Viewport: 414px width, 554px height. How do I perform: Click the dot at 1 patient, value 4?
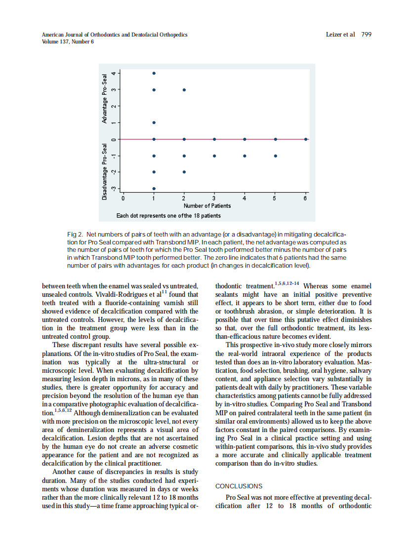[x=154, y=73]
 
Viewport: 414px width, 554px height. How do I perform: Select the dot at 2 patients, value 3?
[x=184, y=90]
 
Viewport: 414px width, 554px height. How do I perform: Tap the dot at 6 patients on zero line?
[x=306, y=139]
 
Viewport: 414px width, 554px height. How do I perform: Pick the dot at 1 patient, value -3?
[x=154, y=189]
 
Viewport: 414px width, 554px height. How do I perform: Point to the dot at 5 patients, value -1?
[x=276, y=156]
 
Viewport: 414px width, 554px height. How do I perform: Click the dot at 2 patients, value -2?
[x=184, y=172]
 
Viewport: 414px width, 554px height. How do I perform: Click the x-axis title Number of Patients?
[x=207, y=205]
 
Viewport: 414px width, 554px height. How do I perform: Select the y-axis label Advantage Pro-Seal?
[x=104, y=99]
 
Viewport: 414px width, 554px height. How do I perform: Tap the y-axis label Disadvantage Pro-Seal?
[x=104, y=172]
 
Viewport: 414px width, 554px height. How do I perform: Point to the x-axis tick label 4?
[x=245, y=198]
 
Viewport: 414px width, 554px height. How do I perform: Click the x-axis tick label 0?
[x=123, y=198]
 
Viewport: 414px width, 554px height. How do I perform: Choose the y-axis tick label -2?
[x=114, y=172]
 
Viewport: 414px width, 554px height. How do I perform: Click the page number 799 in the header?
[x=366, y=35]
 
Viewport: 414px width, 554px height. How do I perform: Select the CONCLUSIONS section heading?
[x=239, y=486]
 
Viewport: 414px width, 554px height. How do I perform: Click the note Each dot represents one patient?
[x=168, y=216]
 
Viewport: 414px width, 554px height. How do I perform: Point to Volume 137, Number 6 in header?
[x=68, y=41]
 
